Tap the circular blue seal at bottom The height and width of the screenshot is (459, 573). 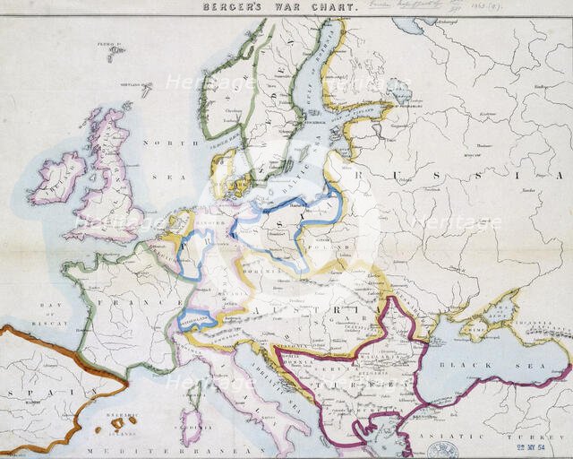click(442, 450)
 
